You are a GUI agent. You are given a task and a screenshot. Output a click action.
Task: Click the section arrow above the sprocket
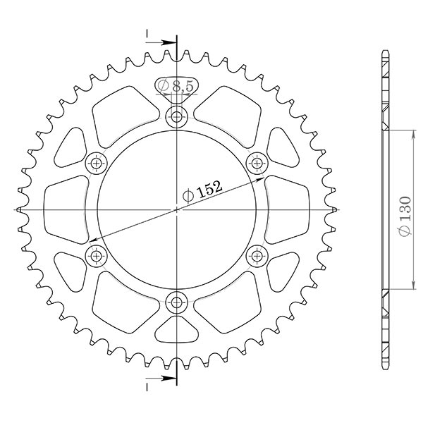[x=164, y=42]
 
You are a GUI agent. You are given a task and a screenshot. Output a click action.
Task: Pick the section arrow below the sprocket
[x=164, y=379]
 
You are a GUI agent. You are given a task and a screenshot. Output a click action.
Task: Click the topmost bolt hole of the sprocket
[x=176, y=117]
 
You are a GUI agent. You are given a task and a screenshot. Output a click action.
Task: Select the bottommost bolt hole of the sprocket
[x=176, y=303]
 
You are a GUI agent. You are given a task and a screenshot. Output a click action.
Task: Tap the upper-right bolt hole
[x=257, y=164]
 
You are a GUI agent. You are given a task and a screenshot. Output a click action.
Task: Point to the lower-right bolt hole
[x=257, y=256]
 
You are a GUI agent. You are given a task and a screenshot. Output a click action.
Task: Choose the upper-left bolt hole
[x=95, y=164]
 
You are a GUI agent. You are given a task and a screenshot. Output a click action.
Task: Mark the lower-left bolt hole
[x=95, y=256]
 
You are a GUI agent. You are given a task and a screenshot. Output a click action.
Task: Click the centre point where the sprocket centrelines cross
[x=176, y=210]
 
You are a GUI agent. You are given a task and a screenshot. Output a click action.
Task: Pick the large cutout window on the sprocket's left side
[x=66, y=210]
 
